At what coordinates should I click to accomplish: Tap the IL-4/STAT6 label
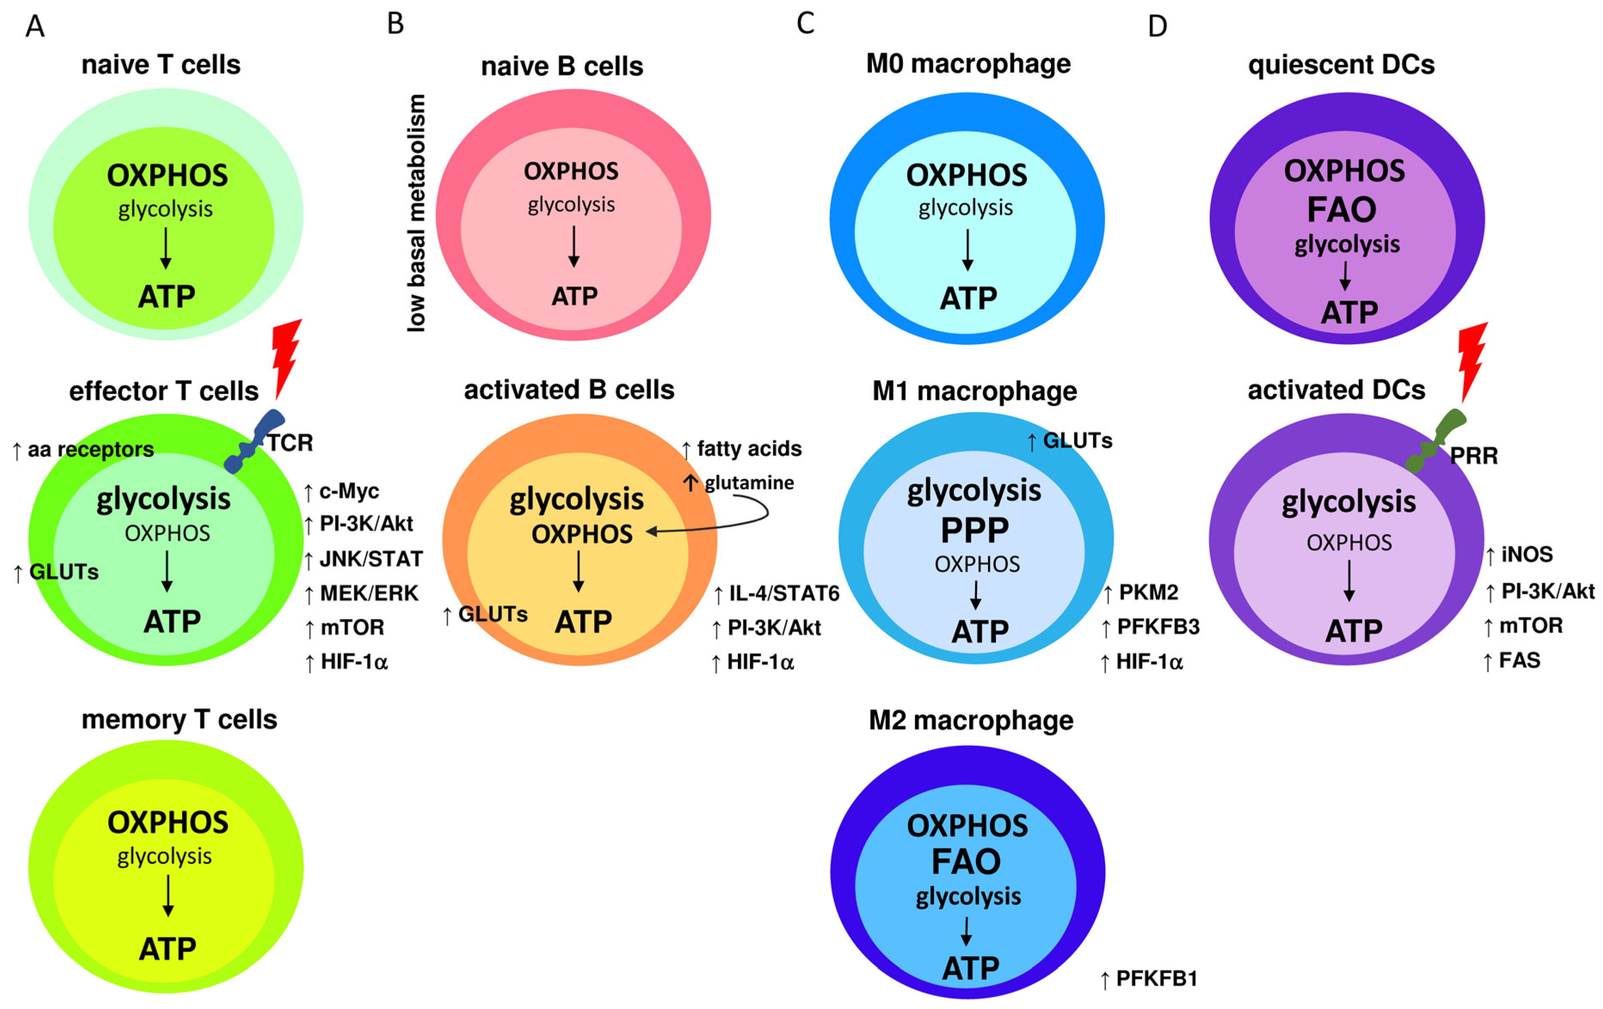coord(783,593)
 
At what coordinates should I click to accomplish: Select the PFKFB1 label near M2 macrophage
coord(1156,978)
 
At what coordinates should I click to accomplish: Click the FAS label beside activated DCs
coord(1520,661)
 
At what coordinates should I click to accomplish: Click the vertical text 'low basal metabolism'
coord(416,213)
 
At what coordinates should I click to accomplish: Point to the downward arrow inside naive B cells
coord(573,246)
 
